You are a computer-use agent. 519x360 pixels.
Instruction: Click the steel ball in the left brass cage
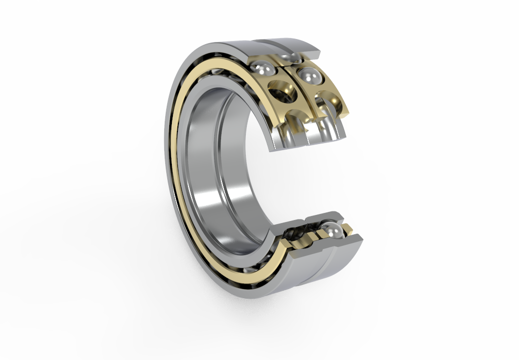pos(263,68)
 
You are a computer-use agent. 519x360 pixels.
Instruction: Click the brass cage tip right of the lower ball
pos(348,229)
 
